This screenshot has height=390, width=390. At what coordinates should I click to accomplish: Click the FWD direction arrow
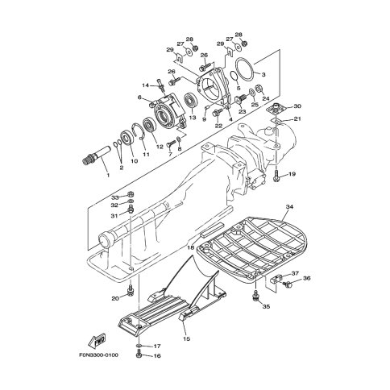[x=97, y=341]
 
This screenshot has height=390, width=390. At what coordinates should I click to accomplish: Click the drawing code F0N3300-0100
[x=98, y=355]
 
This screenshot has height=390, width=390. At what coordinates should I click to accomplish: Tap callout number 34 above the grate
[x=289, y=207]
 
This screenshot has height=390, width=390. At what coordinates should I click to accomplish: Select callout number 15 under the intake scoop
[x=186, y=339]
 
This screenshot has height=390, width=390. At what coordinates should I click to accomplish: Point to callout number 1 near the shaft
[x=108, y=175]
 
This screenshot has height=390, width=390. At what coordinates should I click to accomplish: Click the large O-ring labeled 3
[x=245, y=69]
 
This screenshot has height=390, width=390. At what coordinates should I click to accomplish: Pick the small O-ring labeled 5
[x=235, y=76]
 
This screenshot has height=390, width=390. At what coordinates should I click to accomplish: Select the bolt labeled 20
[x=130, y=291]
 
